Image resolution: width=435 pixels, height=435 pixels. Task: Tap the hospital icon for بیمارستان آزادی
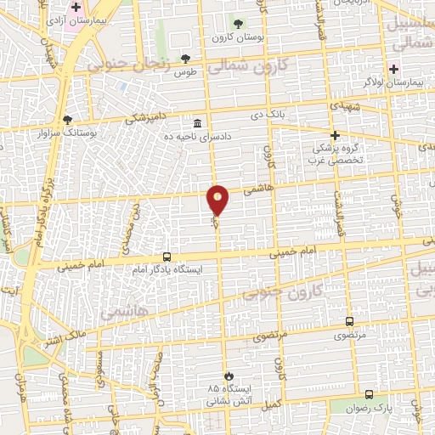click(76, 7)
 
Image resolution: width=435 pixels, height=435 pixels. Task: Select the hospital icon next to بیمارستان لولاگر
click(393, 68)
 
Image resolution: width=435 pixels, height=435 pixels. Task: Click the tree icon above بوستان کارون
click(236, 24)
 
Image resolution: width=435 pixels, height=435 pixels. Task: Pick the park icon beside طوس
click(186, 58)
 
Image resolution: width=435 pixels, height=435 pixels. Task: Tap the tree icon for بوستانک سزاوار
click(68, 119)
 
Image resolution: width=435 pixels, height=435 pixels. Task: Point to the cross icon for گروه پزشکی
click(335, 134)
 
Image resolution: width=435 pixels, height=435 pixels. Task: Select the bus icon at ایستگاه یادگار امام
click(167, 257)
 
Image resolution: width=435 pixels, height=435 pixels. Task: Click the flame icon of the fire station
click(228, 375)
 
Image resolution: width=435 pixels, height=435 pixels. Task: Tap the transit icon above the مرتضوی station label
click(349, 321)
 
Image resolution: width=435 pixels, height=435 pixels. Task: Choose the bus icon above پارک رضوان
click(369, 394)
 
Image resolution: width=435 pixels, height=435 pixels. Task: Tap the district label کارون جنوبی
click(274, 292)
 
